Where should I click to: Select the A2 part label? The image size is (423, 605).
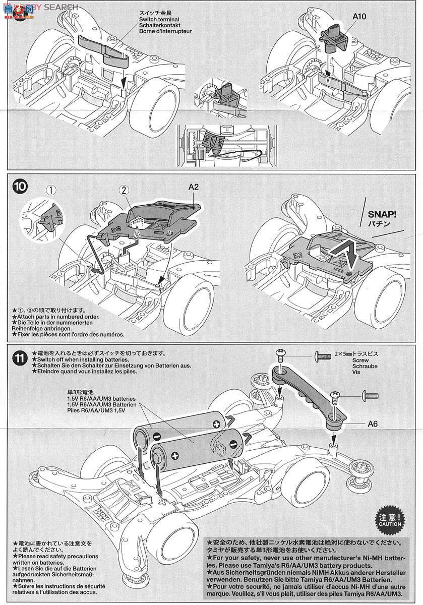point(194,187)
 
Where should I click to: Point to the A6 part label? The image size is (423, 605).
point(372,423)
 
